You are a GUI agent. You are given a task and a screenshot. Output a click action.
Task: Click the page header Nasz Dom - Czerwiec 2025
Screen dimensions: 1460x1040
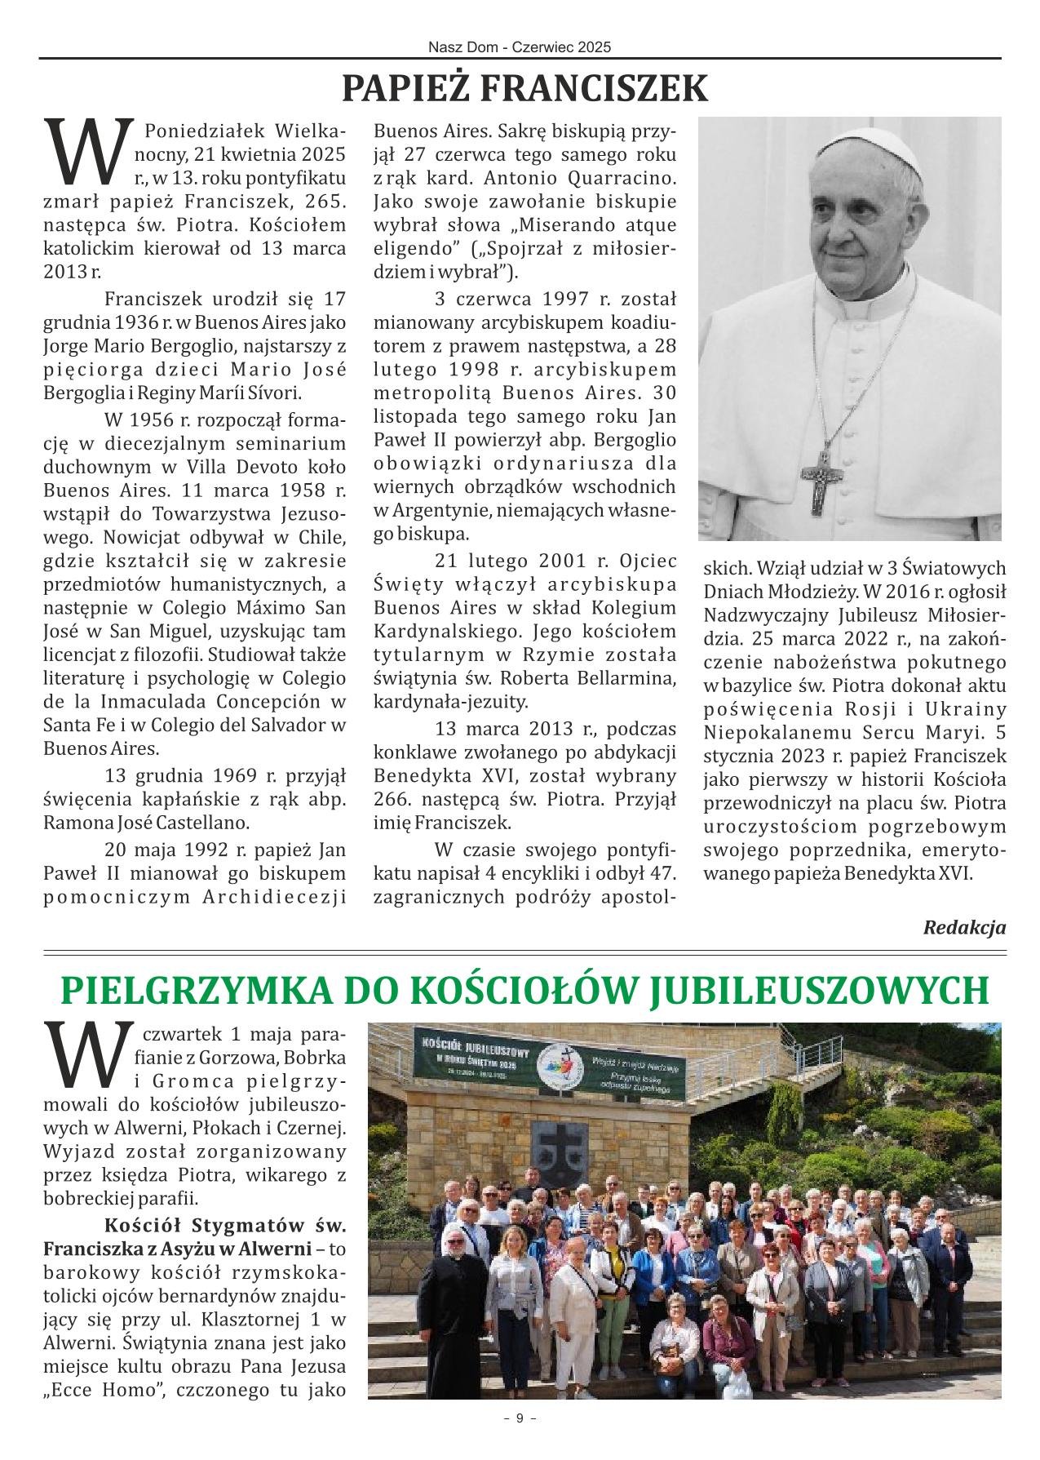click(520, 48)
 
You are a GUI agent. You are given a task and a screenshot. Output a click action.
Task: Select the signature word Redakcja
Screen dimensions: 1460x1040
click(964, 927)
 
